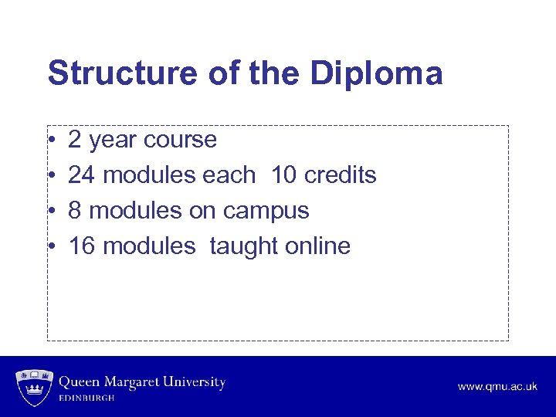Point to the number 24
[82, 175]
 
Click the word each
[229, 175]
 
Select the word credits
[341, 175]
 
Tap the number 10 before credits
[283, 175]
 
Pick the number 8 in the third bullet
[75, 211]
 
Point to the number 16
[82, 246]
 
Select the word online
[318, 246]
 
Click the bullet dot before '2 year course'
[50, 141]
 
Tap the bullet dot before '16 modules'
[50, 246]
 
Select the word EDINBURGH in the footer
[87, 398]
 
